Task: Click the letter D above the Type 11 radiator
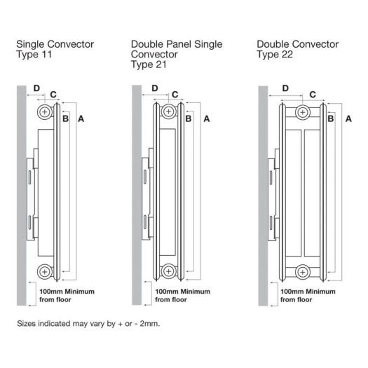pyautogui.click(x=36, y=88)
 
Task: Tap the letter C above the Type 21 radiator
pyautogui.click(x=175, y=95)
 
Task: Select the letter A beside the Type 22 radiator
pyautogui.click(x=348, y=118)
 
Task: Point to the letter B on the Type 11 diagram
pyautogui.click(x=66, y=118)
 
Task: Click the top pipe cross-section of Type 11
pyautogui.click(x=44, y=112)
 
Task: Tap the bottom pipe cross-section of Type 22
pyautogui.click(x=303, y=273)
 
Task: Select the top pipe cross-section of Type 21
pyautogui.click(x=168, y=111)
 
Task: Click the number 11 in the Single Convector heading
pyautogui.click(x=47, y=55)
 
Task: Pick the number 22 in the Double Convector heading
pyautogui.click(x=287, y=55)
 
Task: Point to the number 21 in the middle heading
pyautogui.click(x=161, y=64)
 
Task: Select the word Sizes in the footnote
pyautogui.click(x=27, y=324)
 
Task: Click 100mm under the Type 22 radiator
pyautogui.click(x=290, y=292)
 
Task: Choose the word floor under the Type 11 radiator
pyautogui.click(x=62, y=299)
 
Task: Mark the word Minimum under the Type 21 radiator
pyautogui.click(x=196, y=292)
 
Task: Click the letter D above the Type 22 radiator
pyautogui.click(x=285, y=88)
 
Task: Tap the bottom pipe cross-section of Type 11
pyautogui.click(x=44, y=272)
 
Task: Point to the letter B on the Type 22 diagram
pyautogui.click(x=331, y=118)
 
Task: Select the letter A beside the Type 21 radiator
pyautogui.click(x=207, y=118)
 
